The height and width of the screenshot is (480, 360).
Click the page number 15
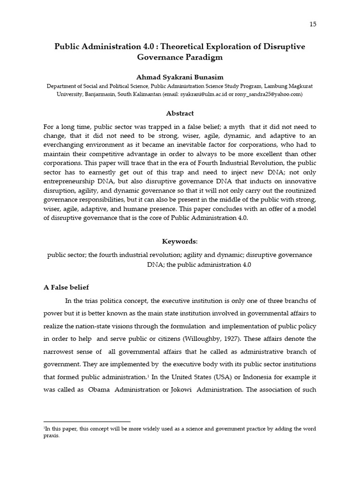coord(313,24)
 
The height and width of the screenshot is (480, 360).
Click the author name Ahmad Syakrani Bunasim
coord(180,76)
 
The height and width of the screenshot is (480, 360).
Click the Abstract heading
coord(180,113)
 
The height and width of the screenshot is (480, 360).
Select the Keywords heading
coord(180,241)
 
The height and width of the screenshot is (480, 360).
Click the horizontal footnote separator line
coord(87,422)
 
